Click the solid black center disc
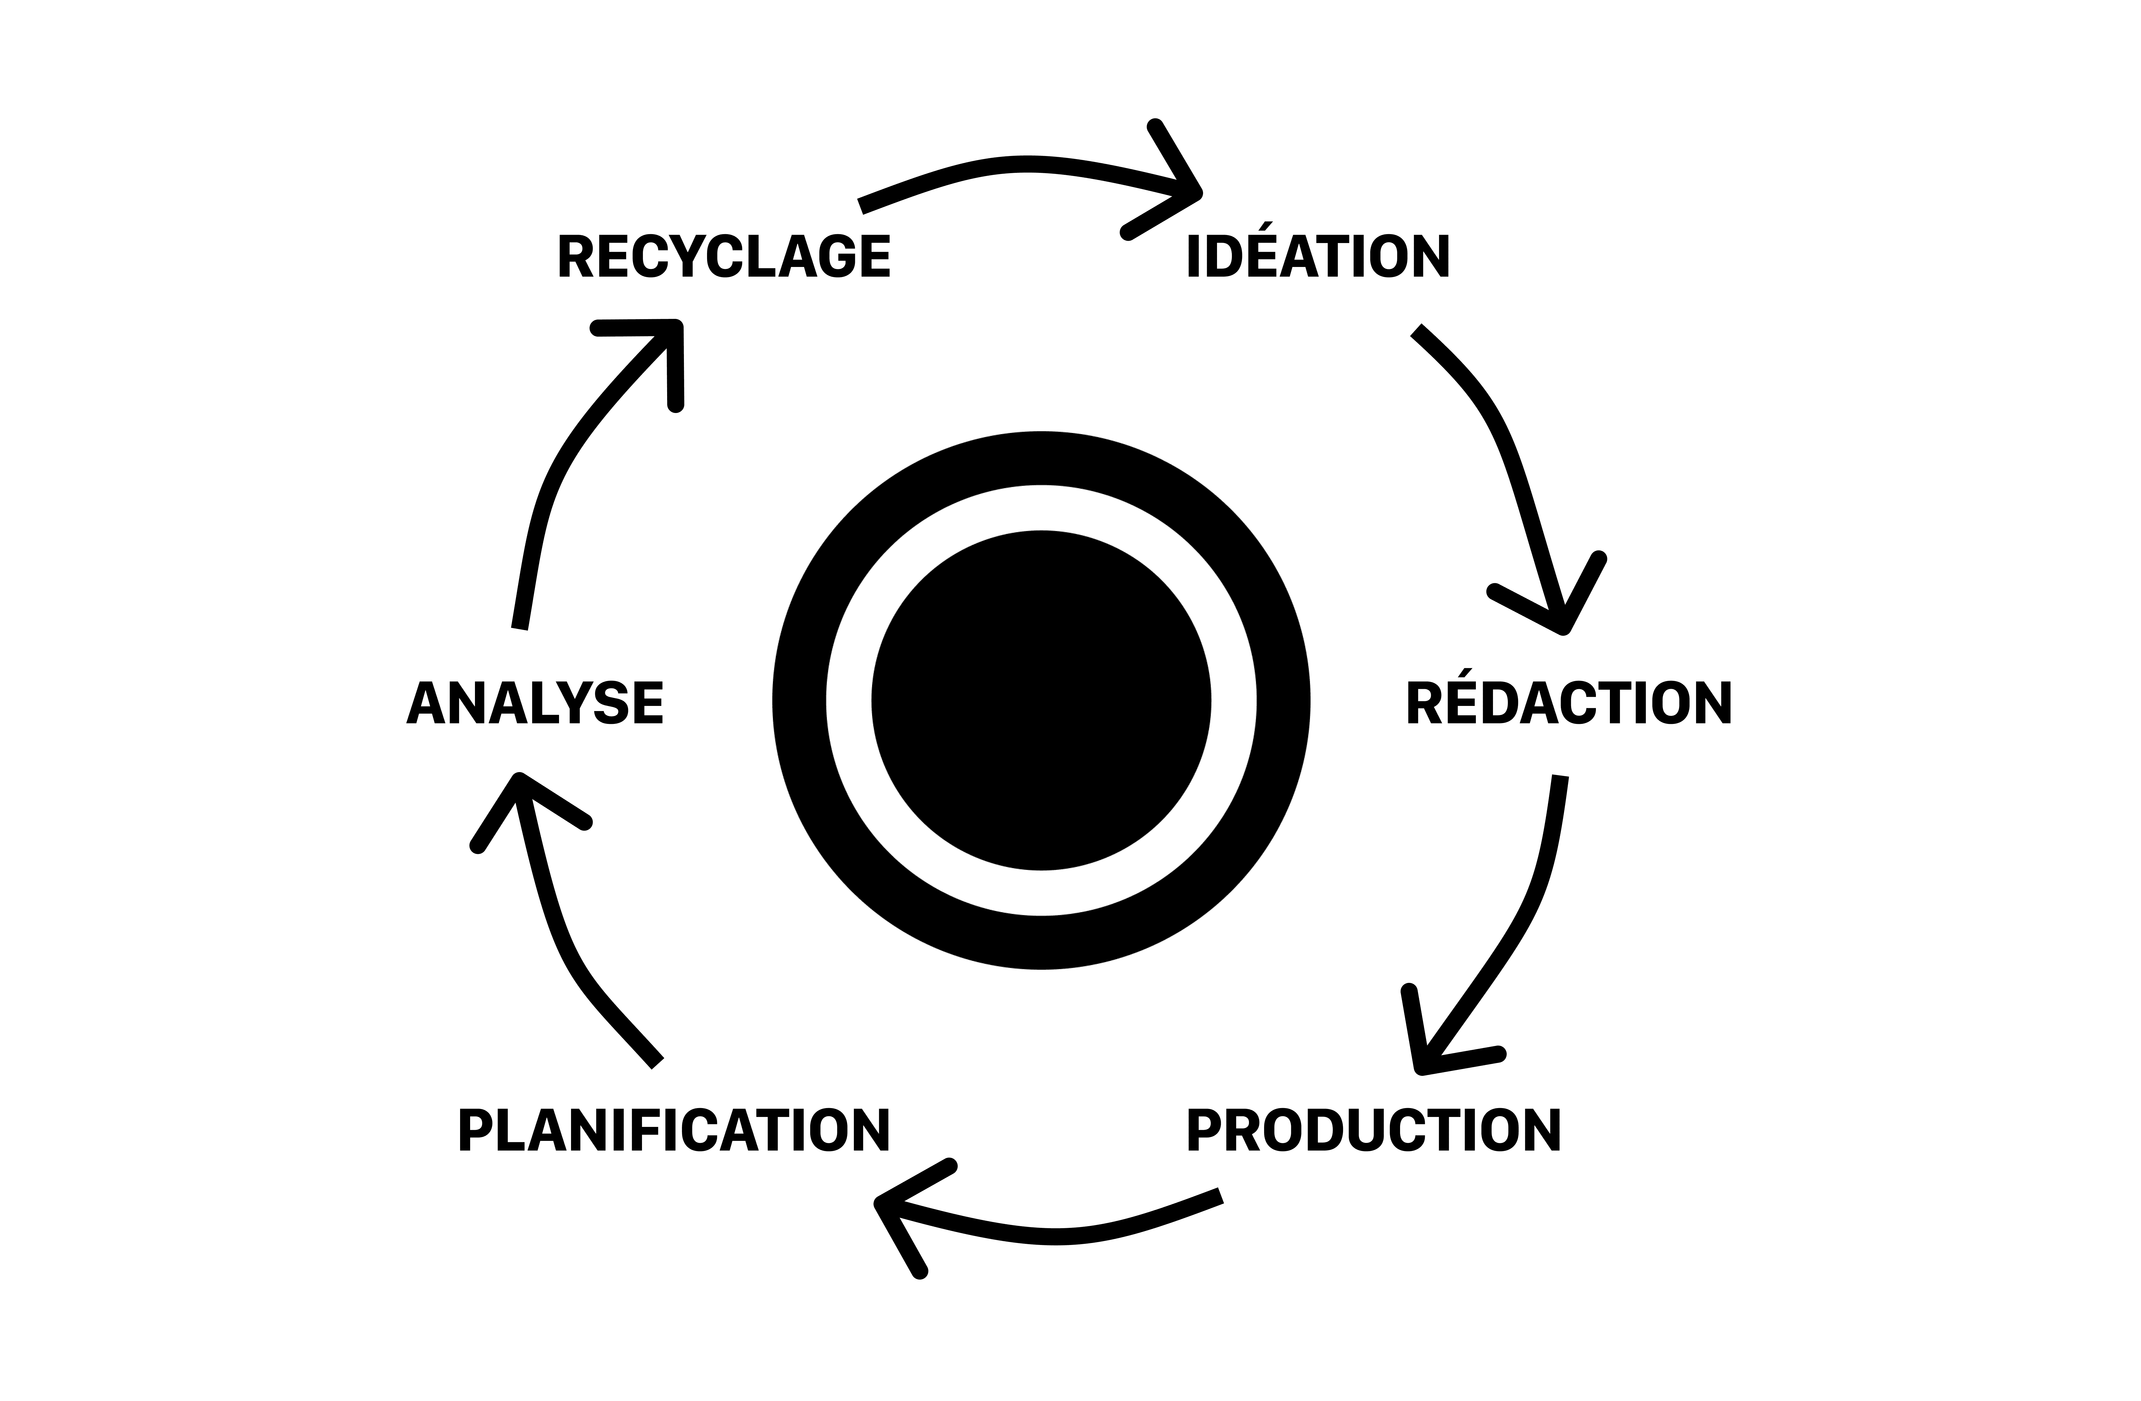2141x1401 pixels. click(1041, 700)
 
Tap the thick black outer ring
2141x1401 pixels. click(799, 700)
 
